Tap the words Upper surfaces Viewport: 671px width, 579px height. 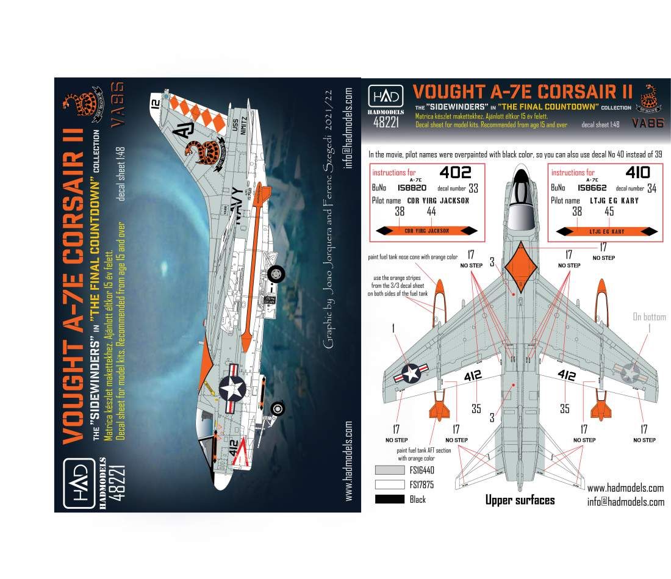click(x=520, y=500)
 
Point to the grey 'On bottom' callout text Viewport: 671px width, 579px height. click(x=649, y=317)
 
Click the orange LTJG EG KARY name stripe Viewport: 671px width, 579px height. click(x=606, y=231)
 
